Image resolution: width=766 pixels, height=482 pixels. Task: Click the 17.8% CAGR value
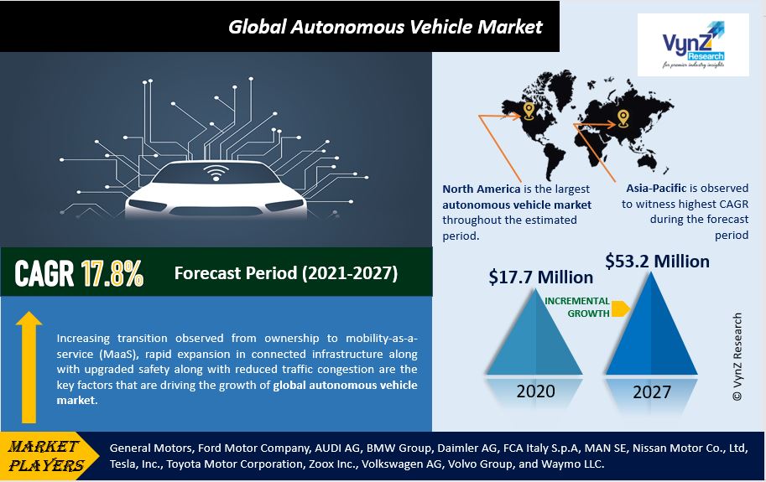pyautogui.click(x=112, y=273)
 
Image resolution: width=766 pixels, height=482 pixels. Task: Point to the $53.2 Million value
pyautogui.click(x=657, y=261)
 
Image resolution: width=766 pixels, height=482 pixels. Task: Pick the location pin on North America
pyautogui.click(x=528, y=111)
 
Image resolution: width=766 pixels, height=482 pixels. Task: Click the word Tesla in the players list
pyautogui.click(x=126, y=464)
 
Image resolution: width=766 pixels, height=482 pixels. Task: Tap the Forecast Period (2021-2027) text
pyautogui.click(x=285, y=273)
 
